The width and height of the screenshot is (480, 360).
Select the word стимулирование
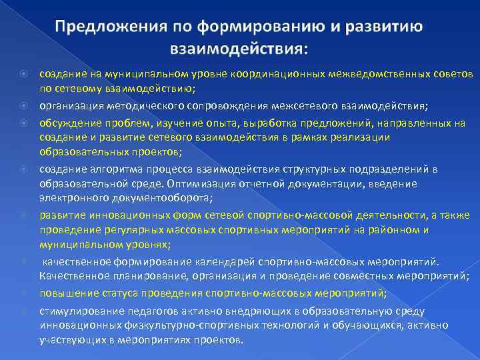(x=75, y=311)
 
